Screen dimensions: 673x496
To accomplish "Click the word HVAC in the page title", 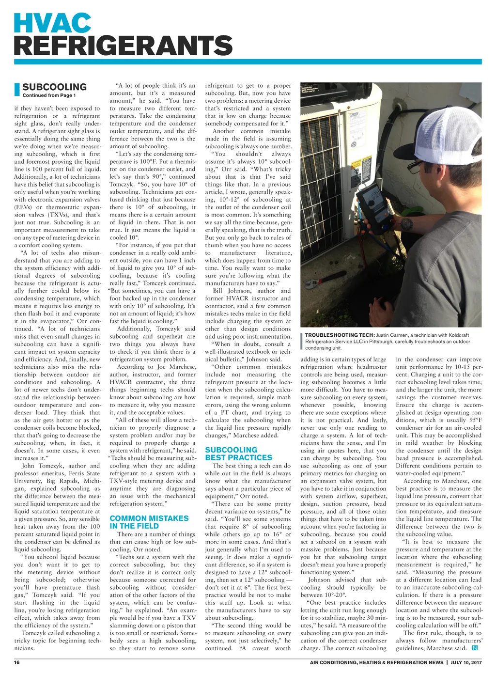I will point(52,23).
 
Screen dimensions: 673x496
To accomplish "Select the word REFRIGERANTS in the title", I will point(123,46).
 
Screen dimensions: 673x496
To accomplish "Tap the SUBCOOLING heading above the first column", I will point(54,87).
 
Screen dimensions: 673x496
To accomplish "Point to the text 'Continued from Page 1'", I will point(49,95).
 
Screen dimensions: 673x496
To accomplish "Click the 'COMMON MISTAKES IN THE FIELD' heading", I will point(149,522).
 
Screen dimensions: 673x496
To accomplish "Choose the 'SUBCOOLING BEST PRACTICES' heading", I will point(238,454).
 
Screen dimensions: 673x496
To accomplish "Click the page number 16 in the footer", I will point(17,662).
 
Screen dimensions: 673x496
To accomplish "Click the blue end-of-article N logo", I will point(475,648).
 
